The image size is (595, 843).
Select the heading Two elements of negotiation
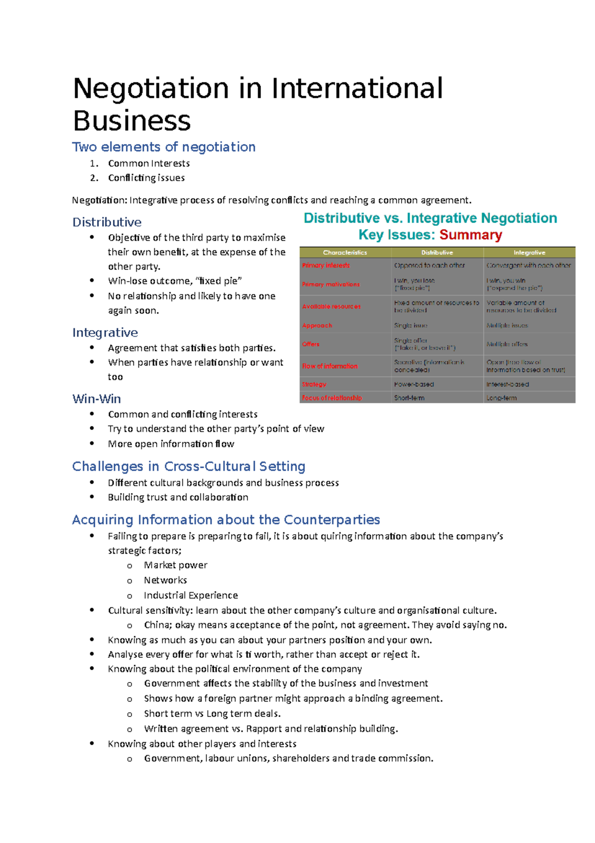coord(164,147)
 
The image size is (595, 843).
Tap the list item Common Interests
coord(149,163)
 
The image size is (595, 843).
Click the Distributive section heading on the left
coord(107,222)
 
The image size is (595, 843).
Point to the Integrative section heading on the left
coord(105,332)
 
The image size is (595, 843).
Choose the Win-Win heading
coord(97,399)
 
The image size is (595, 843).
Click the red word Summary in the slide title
coord(471,235)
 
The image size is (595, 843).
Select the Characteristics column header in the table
coord(345,253)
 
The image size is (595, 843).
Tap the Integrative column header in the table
coord(529,253)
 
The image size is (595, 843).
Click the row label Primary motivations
coord(331,284)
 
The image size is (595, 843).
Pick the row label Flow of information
coord(330,366)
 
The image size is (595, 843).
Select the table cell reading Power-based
coord(414,384)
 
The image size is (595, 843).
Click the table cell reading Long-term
coord(501,398)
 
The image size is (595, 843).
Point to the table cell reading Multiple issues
coord(507,326)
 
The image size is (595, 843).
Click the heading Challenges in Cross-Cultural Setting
coord(188,466)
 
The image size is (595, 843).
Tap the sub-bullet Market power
coord(176,565)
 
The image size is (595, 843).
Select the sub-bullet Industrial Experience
coord(191,595)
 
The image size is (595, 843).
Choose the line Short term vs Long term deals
coord(212,713)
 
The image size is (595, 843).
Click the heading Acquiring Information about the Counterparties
coord(226,519)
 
